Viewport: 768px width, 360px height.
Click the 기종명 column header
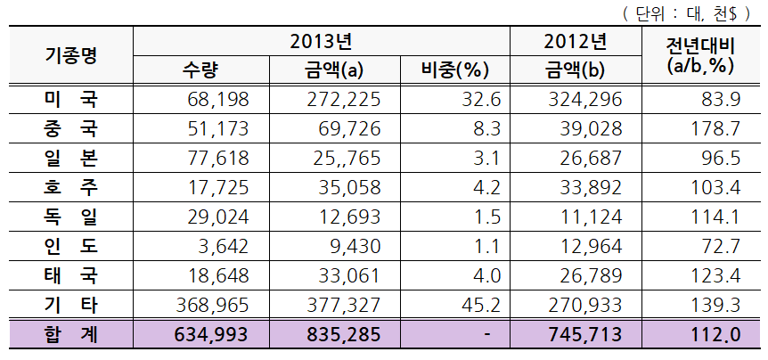pyautogui.click(x=71, y=55)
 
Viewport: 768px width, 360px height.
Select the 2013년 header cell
pyautogui.click(x=322, y=42)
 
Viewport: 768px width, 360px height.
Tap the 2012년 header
pyautogui.click(x=576, y=42)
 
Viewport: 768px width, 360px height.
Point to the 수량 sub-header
pyautogui.click(x=200, y=70)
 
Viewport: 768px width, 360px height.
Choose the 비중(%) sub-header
pyautogui.click(x=455, y=70)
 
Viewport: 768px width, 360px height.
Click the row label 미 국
pyautogui.click(x=71, y=100)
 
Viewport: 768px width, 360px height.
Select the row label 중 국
pyautogui.click(x=71, y=129)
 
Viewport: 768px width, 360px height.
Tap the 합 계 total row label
pyautogui.click(x=71, y=334)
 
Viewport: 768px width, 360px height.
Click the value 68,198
pyautogui.click(x=218, y=100)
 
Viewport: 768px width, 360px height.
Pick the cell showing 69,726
pyautogui.click(x=349, y=129)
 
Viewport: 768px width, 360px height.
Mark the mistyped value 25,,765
pyautogui.click(x=344, y=159)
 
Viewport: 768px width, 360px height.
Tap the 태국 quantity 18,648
pyautogui.click(x=218, y=275)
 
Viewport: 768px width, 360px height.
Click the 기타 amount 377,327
pyautogui.click(x=344, y=305)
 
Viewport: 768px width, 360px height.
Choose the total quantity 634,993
pyautogui.click(x=211, y=335)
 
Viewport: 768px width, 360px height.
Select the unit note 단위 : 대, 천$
pyautogui.click(x=686, y=14)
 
